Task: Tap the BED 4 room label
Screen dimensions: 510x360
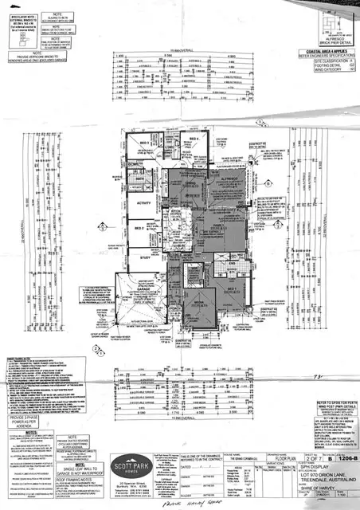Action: click(x=193, y=139)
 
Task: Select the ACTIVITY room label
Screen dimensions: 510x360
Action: click(x=145, y=204)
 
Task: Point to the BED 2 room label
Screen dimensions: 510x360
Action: click(x=141, y=229)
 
